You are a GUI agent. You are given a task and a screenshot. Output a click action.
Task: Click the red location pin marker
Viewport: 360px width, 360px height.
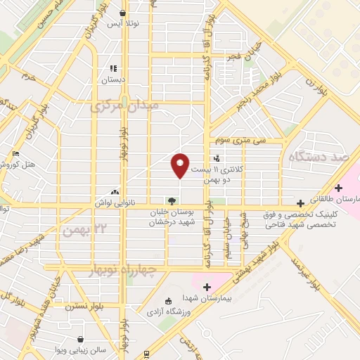tap(180, 165)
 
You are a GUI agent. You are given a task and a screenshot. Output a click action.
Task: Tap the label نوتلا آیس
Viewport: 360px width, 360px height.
tap(124, 23)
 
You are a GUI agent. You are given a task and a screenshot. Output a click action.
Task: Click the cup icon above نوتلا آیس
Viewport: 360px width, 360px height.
tap(124, 13)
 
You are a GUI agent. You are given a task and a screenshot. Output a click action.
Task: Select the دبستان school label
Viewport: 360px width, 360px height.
tap(112, 79)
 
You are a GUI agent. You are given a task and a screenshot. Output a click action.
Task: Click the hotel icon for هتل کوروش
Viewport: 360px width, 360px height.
tap(17, 154)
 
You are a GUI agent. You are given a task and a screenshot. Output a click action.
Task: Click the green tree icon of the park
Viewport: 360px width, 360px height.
tap(171, 201)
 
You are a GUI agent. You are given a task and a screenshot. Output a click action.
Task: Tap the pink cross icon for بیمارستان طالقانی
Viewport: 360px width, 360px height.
tap(339, 188)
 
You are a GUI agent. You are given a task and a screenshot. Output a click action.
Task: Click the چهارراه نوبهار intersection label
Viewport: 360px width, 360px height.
tap(134, 270)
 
